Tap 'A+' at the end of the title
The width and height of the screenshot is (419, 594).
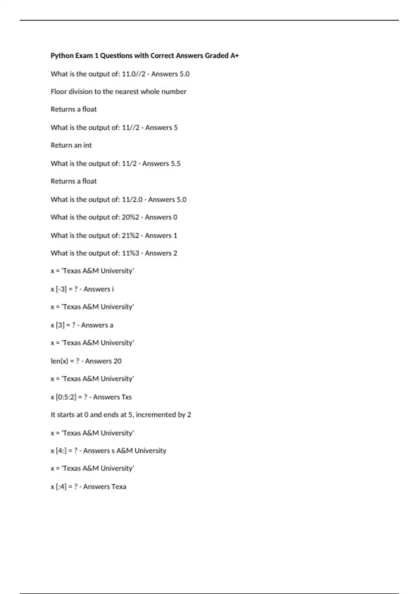coord(234,56)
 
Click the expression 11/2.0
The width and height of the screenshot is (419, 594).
coord(132,200)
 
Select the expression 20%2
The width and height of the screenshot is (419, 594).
coord(130,217)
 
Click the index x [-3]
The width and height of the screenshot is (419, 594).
coord(59,289)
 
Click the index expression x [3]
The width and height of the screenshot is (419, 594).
coord(58,325)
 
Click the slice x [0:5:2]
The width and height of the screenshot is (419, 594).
coord(64,397)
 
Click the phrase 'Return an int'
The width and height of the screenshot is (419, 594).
coord(71,145)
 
